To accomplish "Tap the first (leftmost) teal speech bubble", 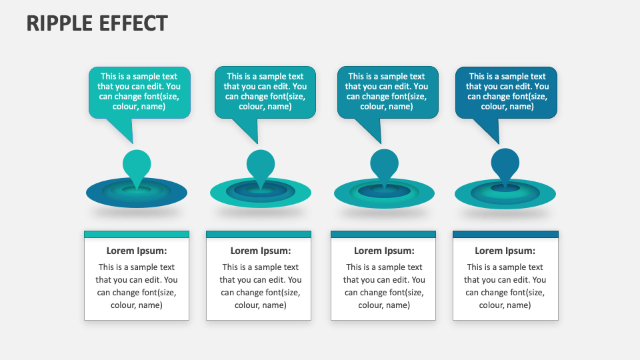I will (139, 91).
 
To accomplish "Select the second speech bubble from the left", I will (265, 91).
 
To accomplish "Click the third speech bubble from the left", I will (387, 91).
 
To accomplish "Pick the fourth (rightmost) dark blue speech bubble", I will (507, 91).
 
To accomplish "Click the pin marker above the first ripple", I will (137, 166).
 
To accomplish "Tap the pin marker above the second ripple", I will (261, 166).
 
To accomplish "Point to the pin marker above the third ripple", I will (384, 166).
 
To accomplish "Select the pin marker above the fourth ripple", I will (505, 166).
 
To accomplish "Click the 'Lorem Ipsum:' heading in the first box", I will (137, 251).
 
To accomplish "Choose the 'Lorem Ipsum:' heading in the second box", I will (261, 251).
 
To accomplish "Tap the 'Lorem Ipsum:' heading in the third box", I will (384, 251).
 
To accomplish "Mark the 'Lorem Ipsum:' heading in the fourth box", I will (505, 251).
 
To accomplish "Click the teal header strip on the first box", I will (137, 234).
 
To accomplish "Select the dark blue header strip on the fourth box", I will (505, 234).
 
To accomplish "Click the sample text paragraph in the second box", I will (261, 286).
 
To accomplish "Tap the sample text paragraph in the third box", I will (384, 286).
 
